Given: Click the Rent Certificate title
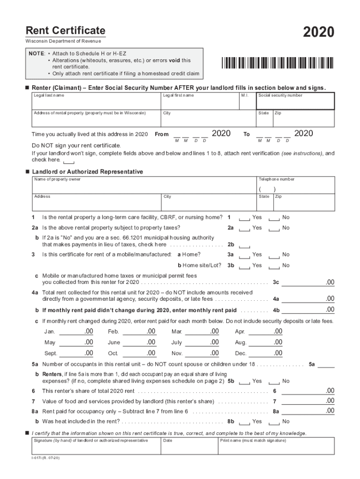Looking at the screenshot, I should [65, 31].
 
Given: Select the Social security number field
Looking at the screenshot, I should [295, 102].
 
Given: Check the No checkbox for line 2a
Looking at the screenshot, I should [274, 229].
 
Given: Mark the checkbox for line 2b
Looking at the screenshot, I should [244, 245].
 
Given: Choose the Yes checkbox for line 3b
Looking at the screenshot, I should [244, 266].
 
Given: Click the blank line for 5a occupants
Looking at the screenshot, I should [326, 365].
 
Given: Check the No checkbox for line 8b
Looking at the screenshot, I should [274, 422].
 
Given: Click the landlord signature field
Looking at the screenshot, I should [95, 446].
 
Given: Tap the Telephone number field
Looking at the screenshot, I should [295, 186].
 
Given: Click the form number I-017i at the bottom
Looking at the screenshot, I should [43, 459].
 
